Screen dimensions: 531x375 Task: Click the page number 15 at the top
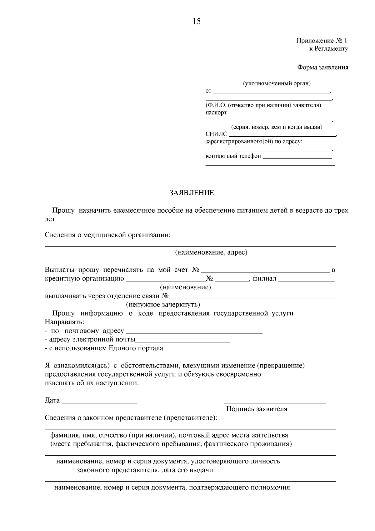[197, 21]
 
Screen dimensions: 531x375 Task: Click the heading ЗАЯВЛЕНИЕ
[192, 193]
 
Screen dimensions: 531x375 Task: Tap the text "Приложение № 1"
[322, 41]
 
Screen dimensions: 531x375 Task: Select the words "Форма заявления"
[322, 68]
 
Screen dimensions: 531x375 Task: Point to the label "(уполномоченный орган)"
[277, 83]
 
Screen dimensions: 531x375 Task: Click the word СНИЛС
[216, 134]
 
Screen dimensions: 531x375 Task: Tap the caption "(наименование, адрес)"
[211, 252]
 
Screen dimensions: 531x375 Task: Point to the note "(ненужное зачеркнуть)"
[163, 304]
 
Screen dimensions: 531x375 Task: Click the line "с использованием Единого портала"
[105, 348]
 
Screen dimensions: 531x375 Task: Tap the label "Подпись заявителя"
[257, 409]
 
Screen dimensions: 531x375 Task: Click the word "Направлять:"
[64, 322]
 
